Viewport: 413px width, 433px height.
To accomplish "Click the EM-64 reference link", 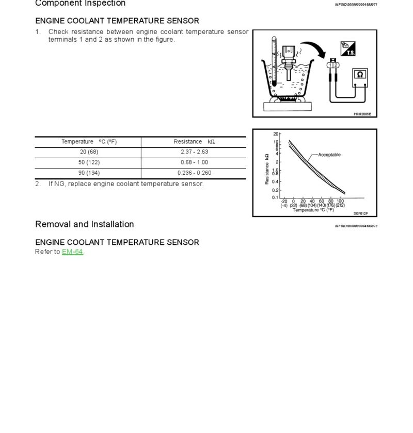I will [72, 252].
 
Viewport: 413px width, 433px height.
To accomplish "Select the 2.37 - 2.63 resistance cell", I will [194, 152].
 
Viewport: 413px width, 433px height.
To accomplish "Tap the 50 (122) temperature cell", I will [89, 162].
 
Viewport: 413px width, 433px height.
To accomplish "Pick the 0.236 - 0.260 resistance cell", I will [194, 173].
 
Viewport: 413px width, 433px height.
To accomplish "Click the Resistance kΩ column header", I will [194, 142].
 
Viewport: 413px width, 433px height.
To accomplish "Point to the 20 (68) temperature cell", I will [89, 152].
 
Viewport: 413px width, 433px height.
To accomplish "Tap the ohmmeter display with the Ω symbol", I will [360, 75].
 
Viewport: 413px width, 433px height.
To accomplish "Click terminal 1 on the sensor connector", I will [330, 65].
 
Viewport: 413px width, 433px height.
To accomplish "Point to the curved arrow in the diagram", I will [315, 49].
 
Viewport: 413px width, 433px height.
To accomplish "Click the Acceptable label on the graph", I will [329, 155].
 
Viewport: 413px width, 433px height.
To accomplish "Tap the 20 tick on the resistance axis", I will [276, 135].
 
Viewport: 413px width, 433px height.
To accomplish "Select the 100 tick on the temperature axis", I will [340, 201].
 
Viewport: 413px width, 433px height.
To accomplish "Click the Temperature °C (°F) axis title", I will [313, 210].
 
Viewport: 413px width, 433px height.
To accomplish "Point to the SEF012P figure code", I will [361, 213].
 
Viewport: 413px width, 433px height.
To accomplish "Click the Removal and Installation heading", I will [85, 224].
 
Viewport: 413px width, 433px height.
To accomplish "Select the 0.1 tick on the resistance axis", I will [275, 197].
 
